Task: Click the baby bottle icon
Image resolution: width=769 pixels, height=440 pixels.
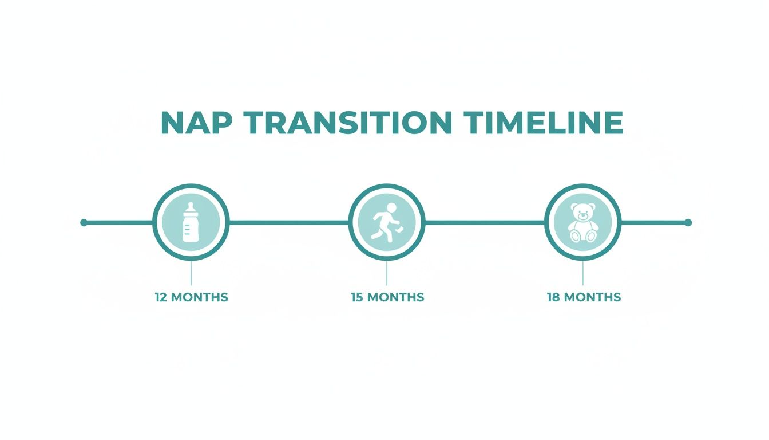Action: point(191,222)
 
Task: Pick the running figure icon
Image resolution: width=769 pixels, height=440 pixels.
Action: point(387,222)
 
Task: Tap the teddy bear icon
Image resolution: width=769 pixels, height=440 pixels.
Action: point(582,222)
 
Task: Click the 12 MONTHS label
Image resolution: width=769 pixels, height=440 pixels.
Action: point(191,297)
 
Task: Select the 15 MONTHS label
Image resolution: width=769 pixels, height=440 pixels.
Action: point(387,297)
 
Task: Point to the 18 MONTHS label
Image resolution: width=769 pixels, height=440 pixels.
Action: point(584,297)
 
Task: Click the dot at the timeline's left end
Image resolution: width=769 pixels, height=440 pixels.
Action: point(84,222)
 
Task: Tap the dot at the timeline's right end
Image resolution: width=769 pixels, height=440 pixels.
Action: point(688,222)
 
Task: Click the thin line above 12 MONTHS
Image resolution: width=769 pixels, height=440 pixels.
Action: point(191,273)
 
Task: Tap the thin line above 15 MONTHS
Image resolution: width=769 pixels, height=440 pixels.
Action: point(387,273)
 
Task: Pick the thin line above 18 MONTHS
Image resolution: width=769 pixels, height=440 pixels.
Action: point(582,273)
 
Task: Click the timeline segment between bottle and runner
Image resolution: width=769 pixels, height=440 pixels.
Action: point(289,222)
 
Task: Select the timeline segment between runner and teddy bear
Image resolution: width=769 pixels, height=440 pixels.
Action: point(485,222)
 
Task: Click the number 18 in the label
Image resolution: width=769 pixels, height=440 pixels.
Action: point(553,297)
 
